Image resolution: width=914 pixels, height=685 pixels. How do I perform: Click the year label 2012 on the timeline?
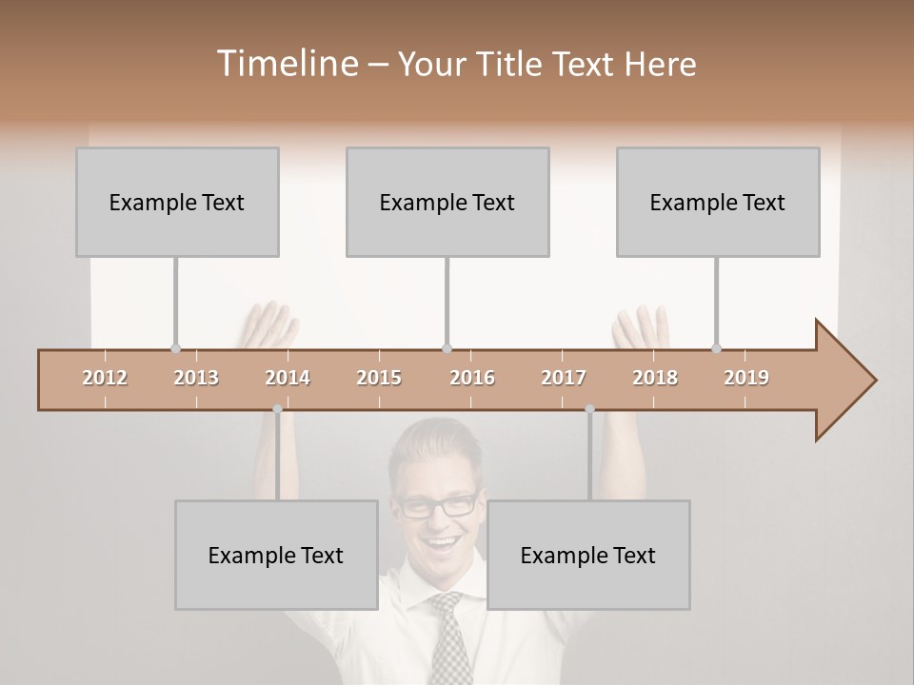[105, 378]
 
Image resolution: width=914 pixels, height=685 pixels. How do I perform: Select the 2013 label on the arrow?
[196, 378]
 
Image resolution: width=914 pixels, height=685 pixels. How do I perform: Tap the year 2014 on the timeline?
[288, 378]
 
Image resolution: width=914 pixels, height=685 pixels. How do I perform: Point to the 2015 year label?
[379, 378]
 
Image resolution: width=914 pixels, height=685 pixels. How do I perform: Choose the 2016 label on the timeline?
[472, 378]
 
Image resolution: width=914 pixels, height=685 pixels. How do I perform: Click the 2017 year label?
[564, 378]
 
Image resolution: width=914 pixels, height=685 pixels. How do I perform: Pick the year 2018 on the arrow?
[655, 378]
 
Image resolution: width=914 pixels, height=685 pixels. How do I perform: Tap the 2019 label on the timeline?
[746, 378]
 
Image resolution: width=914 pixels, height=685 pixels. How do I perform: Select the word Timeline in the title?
[287, 64]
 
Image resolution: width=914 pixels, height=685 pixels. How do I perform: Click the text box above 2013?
[177, 202]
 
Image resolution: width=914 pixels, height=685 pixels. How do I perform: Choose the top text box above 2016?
[447, 202]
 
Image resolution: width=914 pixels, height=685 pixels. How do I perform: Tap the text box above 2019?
[718, 202]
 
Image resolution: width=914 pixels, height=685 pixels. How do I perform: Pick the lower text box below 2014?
[276, 555]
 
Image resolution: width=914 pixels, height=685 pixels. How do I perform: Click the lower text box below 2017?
[588, 555]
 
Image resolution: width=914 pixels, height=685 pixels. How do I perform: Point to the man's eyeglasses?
[437, 505]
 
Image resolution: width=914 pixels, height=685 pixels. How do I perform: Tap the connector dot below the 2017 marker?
[589, 409]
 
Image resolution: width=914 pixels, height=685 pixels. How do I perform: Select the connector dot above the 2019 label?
[717, 348]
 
